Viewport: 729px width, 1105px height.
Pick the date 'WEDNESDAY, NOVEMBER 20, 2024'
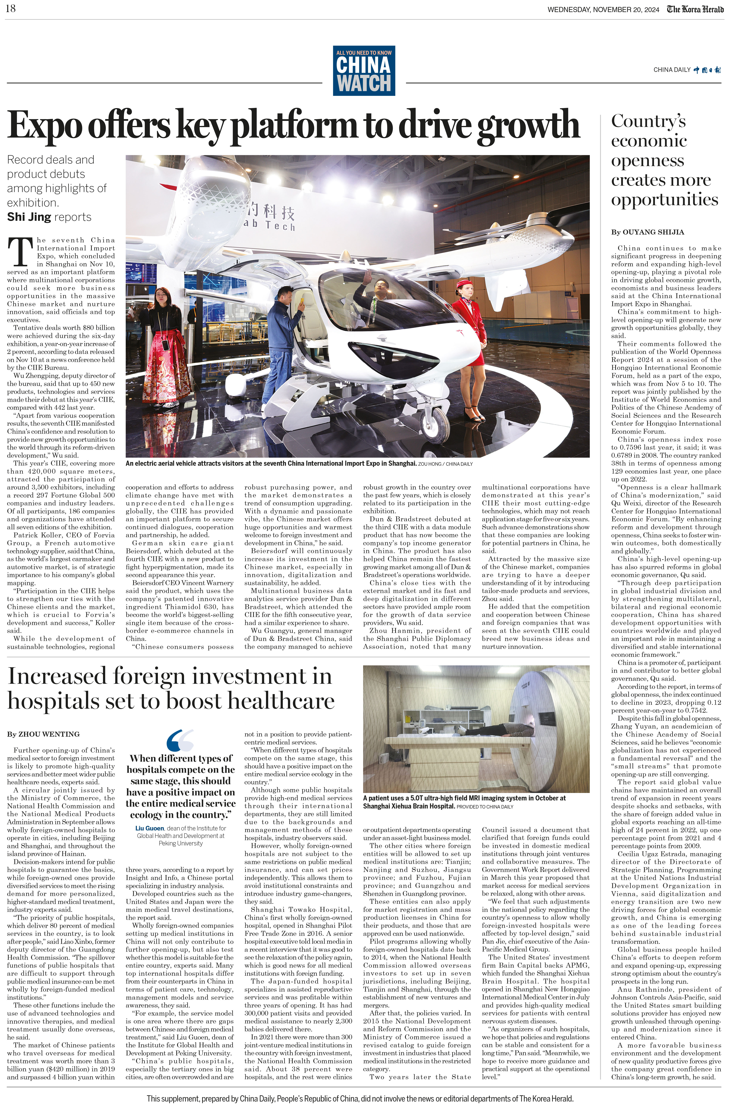point(603,10)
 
